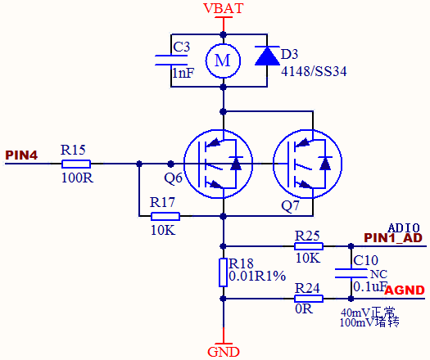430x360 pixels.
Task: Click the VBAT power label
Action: (x=224, y=8)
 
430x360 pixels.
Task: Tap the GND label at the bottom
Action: (x=224, y=352)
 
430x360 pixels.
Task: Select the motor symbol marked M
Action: (x=223, y=61)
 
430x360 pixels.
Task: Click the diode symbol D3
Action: (x=267, y=56)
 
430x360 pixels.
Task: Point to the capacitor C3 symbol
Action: (x=171, y=61)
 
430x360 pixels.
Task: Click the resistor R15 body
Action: (x=76, y=164)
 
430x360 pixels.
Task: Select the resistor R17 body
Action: (x=165, y=216)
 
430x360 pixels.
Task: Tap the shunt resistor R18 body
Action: (x=224, y=272)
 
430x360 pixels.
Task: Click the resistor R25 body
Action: (x=309, y=246)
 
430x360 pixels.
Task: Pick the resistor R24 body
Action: (x=309, y=299)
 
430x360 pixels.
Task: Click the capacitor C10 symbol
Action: (x=351, y=273)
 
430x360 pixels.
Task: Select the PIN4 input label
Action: (x=21, y=155)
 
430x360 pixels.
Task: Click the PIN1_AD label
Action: (x=393, y=238)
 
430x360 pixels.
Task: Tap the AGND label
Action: (x=405, y=290)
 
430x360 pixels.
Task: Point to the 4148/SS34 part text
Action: (x=314, y=71)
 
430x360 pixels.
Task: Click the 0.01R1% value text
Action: (x=257, y=277)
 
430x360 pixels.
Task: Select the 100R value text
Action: (x=77, y=178)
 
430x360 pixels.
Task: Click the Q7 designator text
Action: (x=290, y=205)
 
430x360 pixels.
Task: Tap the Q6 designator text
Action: (x=173, y=178)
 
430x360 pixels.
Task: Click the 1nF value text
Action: (x=183, y=73)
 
